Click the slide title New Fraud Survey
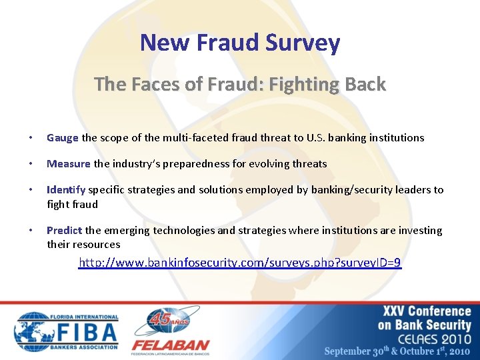pos(240,43)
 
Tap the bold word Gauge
pos(63,138)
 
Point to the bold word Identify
pos(66,190)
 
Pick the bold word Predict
pos(65,231)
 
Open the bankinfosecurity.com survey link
pos(240,263)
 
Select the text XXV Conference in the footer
pos(427,311)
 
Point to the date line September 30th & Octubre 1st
pos(397,351)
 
